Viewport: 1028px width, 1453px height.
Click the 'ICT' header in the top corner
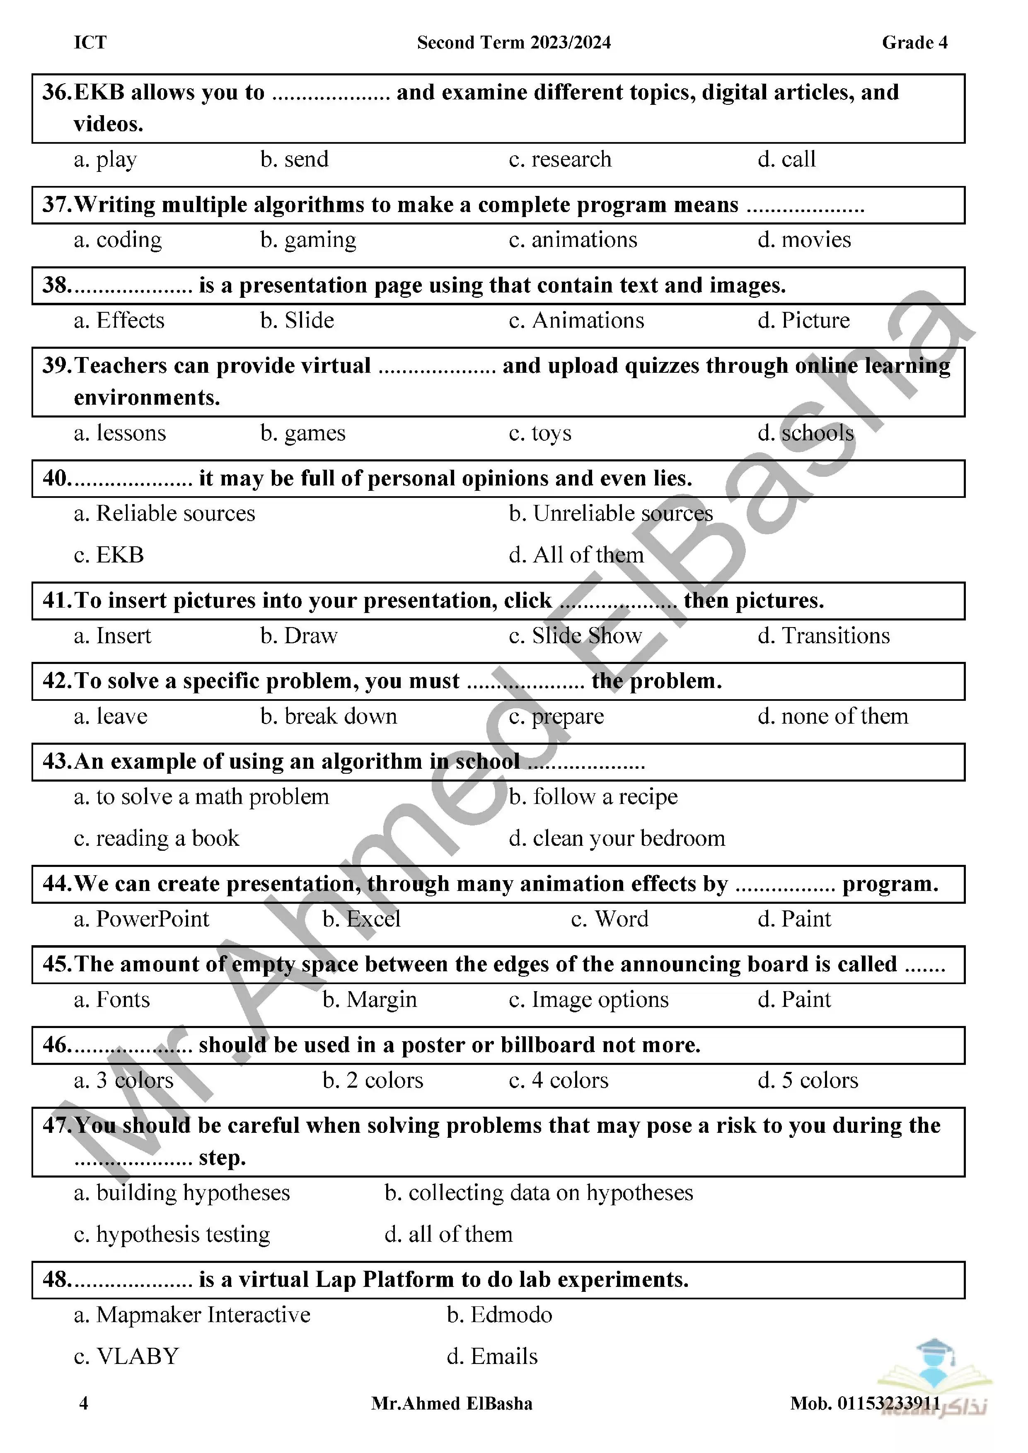tap(90, 42)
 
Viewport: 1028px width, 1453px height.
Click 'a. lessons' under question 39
tap(120, 434)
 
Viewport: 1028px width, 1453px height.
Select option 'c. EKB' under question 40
tap(109, 555)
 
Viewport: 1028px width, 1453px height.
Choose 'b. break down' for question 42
tap(329, 717)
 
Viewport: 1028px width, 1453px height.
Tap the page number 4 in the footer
tap(84, 1404)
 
